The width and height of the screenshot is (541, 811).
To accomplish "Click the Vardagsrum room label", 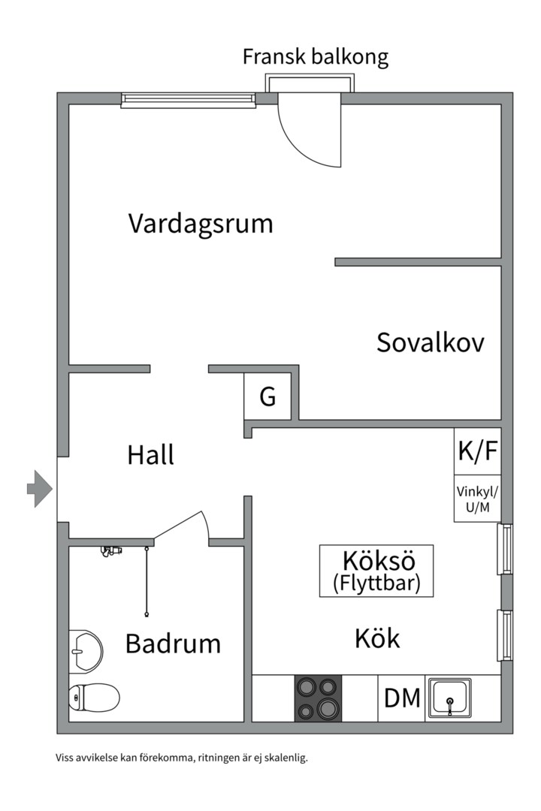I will click(x=200, y=224).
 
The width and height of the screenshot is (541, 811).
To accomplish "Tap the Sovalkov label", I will click(x=430, y=342).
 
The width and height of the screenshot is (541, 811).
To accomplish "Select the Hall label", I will click(x=150, y=454).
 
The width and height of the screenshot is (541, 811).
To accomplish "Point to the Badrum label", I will click(x=173, y=644).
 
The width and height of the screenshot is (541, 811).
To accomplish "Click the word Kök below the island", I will click(x=377, y=639).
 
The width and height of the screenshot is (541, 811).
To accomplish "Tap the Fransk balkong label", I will click(x=315, y=57).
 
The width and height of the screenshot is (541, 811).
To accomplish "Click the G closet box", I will click(x=267, y=396).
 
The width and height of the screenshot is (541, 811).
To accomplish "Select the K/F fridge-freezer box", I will click(x=477, y=451).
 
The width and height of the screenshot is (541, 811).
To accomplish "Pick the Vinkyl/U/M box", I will click(x=477, y=499).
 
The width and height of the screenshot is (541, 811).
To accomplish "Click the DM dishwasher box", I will click(x=402, y=698).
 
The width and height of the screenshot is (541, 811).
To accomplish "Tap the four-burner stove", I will click(x=318, y=698).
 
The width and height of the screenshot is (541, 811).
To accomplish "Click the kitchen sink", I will click(x=450, y=698).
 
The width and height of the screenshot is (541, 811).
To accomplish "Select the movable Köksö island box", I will click(x=376, y=571).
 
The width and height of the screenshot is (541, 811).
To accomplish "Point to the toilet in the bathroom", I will click(x=93, y=698).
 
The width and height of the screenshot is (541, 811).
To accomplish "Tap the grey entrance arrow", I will click(x=39, y=490).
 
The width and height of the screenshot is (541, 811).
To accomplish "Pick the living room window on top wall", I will click(x=189, y=98).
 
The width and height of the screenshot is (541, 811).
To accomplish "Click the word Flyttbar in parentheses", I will click(x=376, y=583).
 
